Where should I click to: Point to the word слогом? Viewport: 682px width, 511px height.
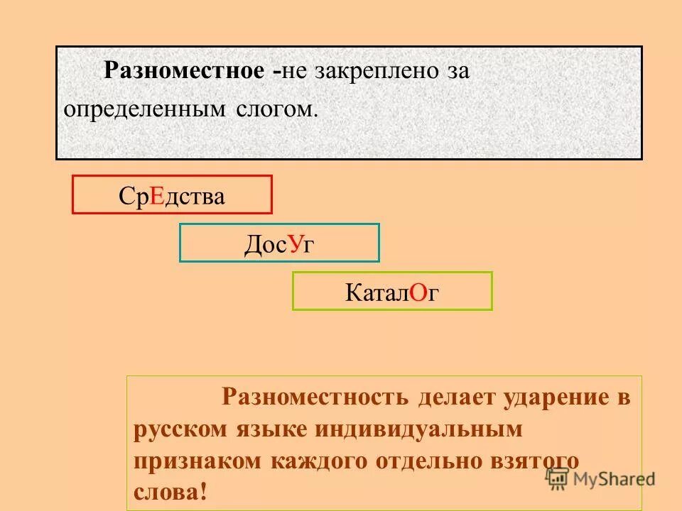pos(271,109)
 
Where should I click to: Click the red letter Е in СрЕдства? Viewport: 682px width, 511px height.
pos(157,197)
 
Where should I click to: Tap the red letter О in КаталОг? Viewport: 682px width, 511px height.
pos(418,292)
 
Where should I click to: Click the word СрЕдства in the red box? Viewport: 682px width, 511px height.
pos(172,197)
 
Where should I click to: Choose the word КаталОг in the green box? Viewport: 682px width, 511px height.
pos(392,292)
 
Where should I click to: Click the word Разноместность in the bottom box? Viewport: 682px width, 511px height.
pos(315,397)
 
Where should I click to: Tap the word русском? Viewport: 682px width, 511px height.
pos(180,429)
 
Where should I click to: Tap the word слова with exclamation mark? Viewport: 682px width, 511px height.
pos(170,493)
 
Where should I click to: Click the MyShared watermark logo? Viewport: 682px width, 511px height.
pos(600,478)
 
